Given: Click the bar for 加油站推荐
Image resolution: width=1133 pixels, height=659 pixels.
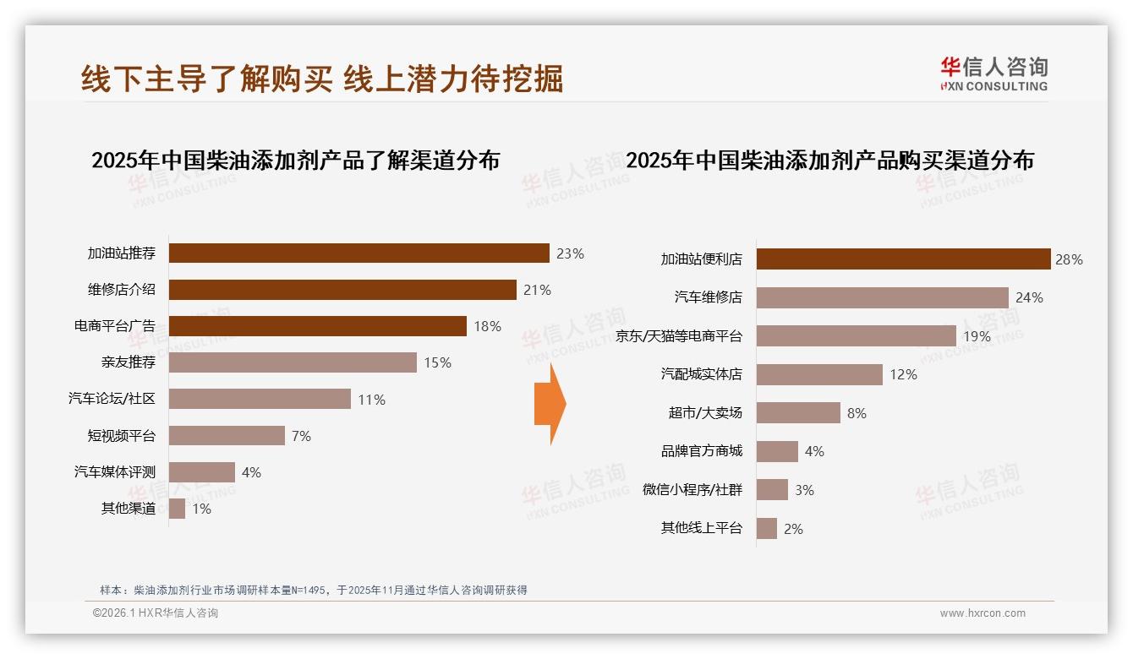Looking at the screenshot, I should pos(359,253).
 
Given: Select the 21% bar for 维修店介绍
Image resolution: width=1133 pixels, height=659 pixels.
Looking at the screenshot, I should pos(342,290).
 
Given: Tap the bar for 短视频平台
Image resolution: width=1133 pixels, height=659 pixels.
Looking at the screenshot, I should pos(227,436).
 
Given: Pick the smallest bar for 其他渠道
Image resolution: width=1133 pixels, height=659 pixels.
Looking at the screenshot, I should pos(177,509).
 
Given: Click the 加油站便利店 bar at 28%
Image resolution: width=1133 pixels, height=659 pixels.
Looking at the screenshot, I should pos(903,259).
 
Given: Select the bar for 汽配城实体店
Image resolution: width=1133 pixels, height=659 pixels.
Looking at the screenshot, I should pos(819,374).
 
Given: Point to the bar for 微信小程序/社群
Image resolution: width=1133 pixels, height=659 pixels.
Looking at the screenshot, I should pos(772,490).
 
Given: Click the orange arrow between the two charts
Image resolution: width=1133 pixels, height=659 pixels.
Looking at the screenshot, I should pos(550,404).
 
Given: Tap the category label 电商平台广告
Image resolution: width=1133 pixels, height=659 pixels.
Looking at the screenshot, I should pos(115,326).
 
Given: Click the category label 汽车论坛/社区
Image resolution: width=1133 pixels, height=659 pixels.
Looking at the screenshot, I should pos(112,399).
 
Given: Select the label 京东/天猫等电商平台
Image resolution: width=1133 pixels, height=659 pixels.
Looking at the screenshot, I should pos(679,336).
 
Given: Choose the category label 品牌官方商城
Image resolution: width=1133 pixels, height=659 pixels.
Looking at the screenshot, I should pos(702,451).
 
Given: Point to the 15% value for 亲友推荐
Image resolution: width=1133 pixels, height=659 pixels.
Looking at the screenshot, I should pos(437,363).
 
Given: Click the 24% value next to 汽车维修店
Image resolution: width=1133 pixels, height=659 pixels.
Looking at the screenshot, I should pos(1029,298).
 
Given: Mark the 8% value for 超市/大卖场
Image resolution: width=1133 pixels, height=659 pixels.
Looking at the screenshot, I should pos(857,413).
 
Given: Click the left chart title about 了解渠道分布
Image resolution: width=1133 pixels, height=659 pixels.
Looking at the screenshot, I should pos(295,161).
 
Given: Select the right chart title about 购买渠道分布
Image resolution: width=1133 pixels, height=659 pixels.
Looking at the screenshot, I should pos(829,161).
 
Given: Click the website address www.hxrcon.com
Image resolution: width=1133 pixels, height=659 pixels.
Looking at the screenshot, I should pos(982,613).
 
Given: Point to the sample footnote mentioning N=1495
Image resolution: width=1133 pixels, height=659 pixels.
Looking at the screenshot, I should pos(314,590).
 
